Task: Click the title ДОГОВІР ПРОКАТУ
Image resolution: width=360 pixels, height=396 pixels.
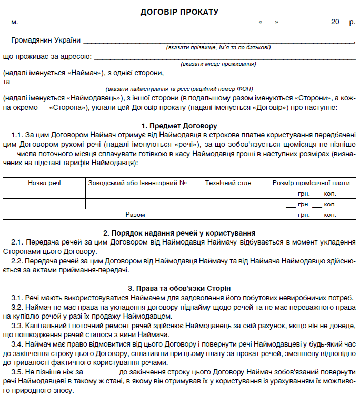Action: [179, 11]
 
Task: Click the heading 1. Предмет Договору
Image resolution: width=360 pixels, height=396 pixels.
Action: [179, 126]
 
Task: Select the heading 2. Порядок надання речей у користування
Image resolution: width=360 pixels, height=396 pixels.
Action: [179, 232]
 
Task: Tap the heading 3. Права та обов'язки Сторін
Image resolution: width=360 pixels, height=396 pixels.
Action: [179, 288]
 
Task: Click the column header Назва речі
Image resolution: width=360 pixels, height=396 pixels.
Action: [44, 183]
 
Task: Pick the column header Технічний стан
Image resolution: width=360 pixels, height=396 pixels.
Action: [228, 183]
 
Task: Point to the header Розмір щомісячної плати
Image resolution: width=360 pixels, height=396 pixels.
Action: [311, 183]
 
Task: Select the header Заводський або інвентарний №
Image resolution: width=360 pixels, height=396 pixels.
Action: [138, 183]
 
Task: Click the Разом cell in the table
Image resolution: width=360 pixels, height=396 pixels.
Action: [135, 215]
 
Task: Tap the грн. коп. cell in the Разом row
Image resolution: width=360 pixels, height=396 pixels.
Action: [311, 215]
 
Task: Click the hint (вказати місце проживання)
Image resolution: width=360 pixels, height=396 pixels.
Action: [218, 64]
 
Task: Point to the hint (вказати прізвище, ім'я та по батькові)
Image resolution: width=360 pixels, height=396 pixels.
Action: [218, 47]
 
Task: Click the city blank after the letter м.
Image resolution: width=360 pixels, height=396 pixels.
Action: [50, 23]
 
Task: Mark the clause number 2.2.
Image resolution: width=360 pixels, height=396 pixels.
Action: [17, 261]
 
